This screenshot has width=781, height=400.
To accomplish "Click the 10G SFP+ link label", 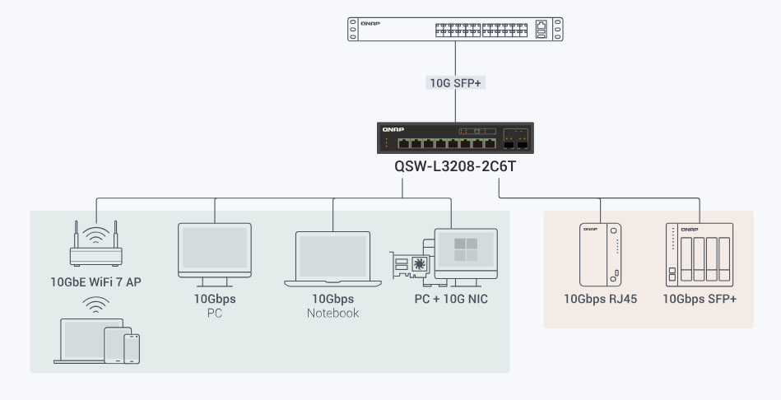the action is click(455, 82).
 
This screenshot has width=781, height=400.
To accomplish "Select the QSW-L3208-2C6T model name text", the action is click(455, 166).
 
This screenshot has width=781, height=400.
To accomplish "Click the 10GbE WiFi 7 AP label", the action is click(95, 282).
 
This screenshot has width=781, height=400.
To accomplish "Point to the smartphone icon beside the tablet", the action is click(132, 349).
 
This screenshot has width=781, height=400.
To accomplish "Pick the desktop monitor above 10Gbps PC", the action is click(215, 254).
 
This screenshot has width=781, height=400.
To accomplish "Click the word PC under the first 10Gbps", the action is click(215, 314).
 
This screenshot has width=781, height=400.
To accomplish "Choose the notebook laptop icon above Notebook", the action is click(332, 259).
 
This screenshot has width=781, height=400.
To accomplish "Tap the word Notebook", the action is click(332, 314).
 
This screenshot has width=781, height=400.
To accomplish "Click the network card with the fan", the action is click(410, 264).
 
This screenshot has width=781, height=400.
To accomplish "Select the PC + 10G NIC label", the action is click(451, 299).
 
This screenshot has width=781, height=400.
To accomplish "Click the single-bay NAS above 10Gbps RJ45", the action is click(600, 254).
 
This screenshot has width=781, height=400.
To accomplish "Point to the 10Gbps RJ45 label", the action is click(600, 299).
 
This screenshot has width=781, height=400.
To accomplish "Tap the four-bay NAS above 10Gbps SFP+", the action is click(700, 254).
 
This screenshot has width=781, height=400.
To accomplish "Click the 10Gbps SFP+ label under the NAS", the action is click(700, 299).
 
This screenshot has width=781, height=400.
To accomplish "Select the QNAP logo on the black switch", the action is click(393, 129).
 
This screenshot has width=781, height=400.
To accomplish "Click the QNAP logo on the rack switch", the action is click(370, 23).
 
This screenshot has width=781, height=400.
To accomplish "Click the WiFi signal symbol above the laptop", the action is click(95, 305).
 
